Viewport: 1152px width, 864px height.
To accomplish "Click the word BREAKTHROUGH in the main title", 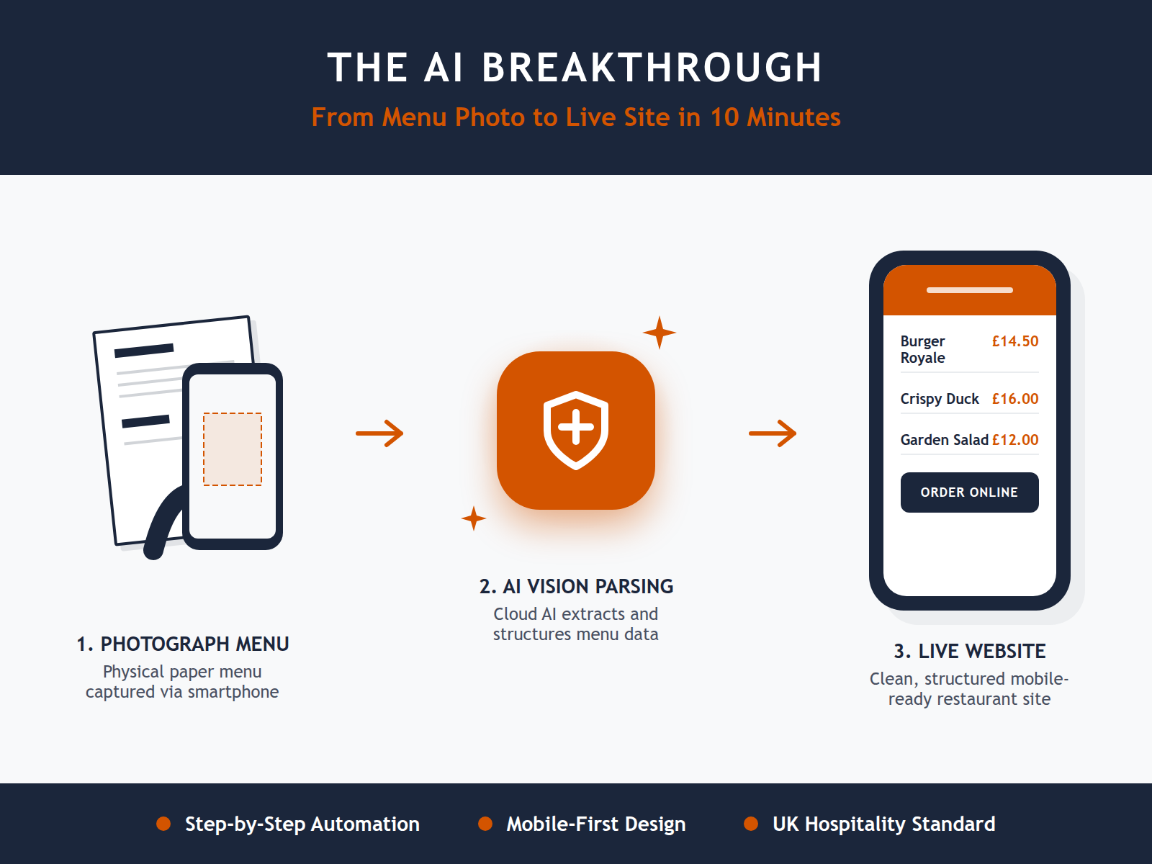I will [652, 68].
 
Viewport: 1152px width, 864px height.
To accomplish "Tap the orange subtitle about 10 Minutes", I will [576, 117].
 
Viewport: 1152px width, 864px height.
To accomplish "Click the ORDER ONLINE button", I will [969, 492].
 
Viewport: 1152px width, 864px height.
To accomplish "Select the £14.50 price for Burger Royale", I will [1014, 341].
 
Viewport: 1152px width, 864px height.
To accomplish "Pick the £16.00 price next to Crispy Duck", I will [1014, 399].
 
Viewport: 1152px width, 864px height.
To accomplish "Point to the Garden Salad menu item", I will [944, 440].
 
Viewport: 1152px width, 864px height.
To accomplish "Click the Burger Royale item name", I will [922, 349].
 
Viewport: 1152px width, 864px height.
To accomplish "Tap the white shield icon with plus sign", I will [576, 430].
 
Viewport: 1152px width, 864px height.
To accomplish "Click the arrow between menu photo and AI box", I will [379, 433].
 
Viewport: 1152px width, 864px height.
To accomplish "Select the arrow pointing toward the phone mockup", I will [773, 433].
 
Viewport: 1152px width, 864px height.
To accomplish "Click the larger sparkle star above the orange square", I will [659, 333].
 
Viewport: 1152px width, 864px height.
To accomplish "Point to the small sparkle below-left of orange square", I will [474, 518].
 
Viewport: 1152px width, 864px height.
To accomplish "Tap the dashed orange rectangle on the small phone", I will [233, 449].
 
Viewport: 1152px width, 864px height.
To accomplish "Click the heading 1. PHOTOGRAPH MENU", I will [182, 644].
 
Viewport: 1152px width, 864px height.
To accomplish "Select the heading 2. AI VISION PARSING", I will [576, 587].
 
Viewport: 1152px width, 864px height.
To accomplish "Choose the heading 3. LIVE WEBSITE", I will [969, 652].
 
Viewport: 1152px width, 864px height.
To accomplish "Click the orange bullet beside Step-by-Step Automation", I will [163, 824].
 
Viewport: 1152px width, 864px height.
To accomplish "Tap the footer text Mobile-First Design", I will [595, 824].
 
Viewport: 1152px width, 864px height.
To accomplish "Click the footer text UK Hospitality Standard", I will [883, 824].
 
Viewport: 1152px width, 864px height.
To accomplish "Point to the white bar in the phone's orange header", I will [969, 290].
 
